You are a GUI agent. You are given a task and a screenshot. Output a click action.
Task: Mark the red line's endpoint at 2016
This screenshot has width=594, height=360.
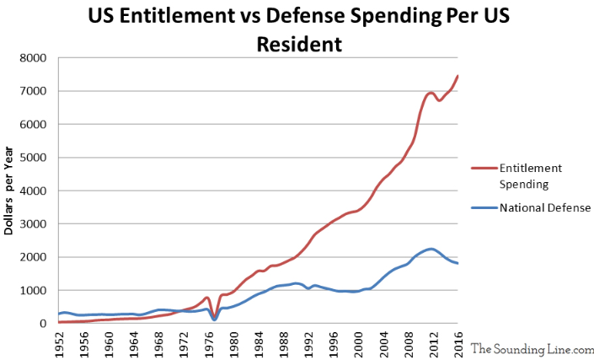(458, 76)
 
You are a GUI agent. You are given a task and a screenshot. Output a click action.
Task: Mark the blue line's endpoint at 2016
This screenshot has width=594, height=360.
(458, 263)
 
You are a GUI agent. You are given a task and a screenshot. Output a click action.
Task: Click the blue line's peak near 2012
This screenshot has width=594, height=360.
(431, 249)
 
